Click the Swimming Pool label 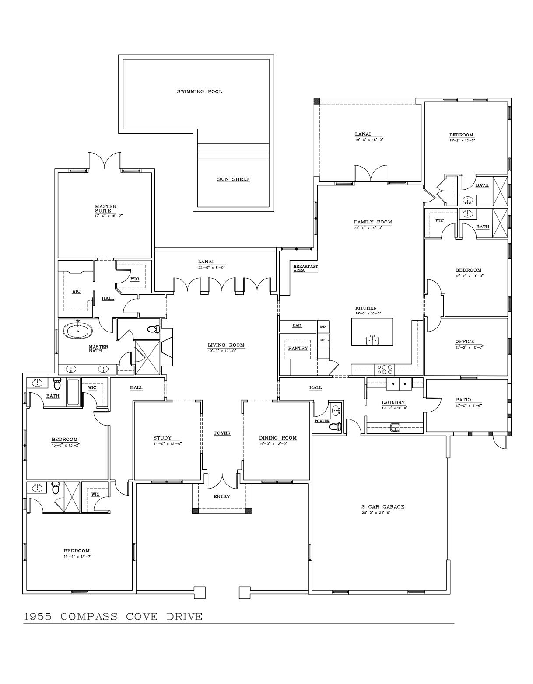(199, 91)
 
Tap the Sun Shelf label (233, 179)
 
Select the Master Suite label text (106, 208)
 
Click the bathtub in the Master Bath (78, 331)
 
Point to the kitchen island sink (372, 340)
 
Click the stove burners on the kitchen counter (384, 370)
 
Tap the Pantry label (298, 348)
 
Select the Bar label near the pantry (297, 325)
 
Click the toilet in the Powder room (336, 426)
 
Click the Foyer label (222, 433)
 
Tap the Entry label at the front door (221, 496)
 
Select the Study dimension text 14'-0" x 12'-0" (167, 443)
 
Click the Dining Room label (277, 438)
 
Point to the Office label (465, 342)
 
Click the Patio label (463, 399)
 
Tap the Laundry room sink (395, 427)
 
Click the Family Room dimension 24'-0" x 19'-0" (368, 228)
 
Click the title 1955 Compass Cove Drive (113, 617)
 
